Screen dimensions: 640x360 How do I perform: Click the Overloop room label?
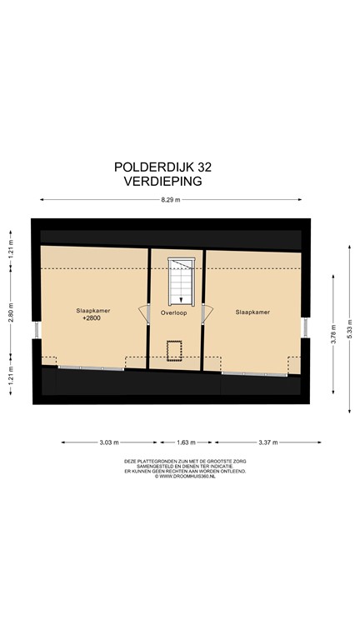click(x=174, y=313)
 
